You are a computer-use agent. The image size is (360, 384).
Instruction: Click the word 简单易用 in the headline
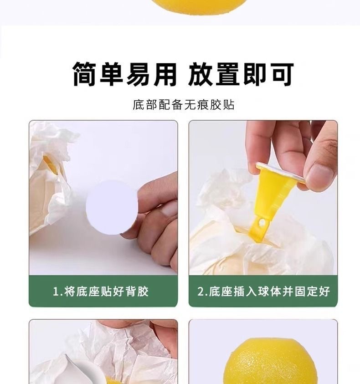click(125, 74)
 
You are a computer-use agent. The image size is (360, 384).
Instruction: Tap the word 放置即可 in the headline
click(241, 74)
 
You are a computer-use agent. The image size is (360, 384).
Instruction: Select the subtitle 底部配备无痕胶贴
click(184, 105)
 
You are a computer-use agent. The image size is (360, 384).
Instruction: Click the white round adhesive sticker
click(112, 208)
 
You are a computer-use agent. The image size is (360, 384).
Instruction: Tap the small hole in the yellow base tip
click(262, 223)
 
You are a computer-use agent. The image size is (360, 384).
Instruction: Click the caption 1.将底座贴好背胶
click(101, 292)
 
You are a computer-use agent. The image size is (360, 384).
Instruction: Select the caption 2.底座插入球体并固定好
click(263, 292)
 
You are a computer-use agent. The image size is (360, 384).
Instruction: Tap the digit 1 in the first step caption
click(56, 292)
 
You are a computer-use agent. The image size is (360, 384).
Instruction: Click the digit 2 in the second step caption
click(201, 292)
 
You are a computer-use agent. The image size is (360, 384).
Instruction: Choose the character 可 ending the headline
click(282, 74)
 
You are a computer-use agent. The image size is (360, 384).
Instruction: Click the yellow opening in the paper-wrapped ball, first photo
click(50, 164)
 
